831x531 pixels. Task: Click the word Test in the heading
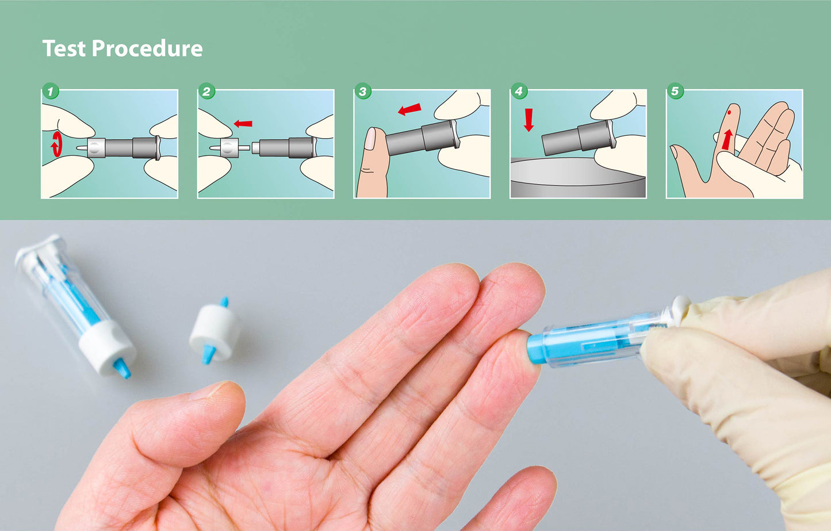click(x=64, y=48)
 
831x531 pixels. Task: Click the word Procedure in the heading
click(x=147, y=49)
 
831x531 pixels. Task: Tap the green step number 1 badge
click(x=51, y=91)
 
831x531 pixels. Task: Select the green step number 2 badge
click(x=206, y=91)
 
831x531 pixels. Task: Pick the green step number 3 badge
click(x=362, y=91)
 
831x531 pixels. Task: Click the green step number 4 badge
click(x=519, y=91)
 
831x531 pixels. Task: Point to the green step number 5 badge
click(x=675, y=91)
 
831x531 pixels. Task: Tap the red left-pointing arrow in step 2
click(x=243, y=123)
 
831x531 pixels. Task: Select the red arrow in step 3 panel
click(x=409, y=109)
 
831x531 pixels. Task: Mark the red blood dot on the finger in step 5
click(x=729, y=113)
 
